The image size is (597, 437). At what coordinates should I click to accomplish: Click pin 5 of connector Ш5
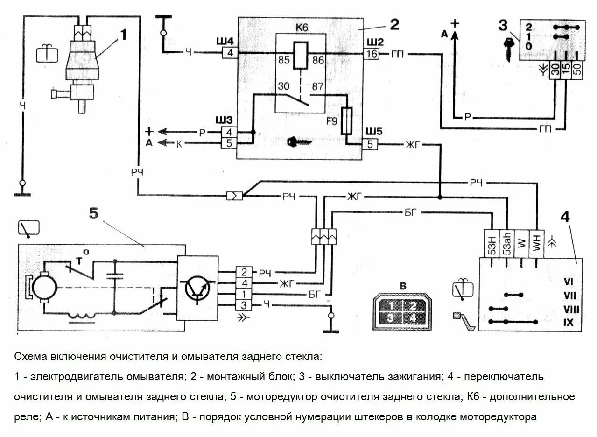[x=370, y=145]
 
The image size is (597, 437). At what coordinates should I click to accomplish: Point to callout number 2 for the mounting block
[x=394, y=24]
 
